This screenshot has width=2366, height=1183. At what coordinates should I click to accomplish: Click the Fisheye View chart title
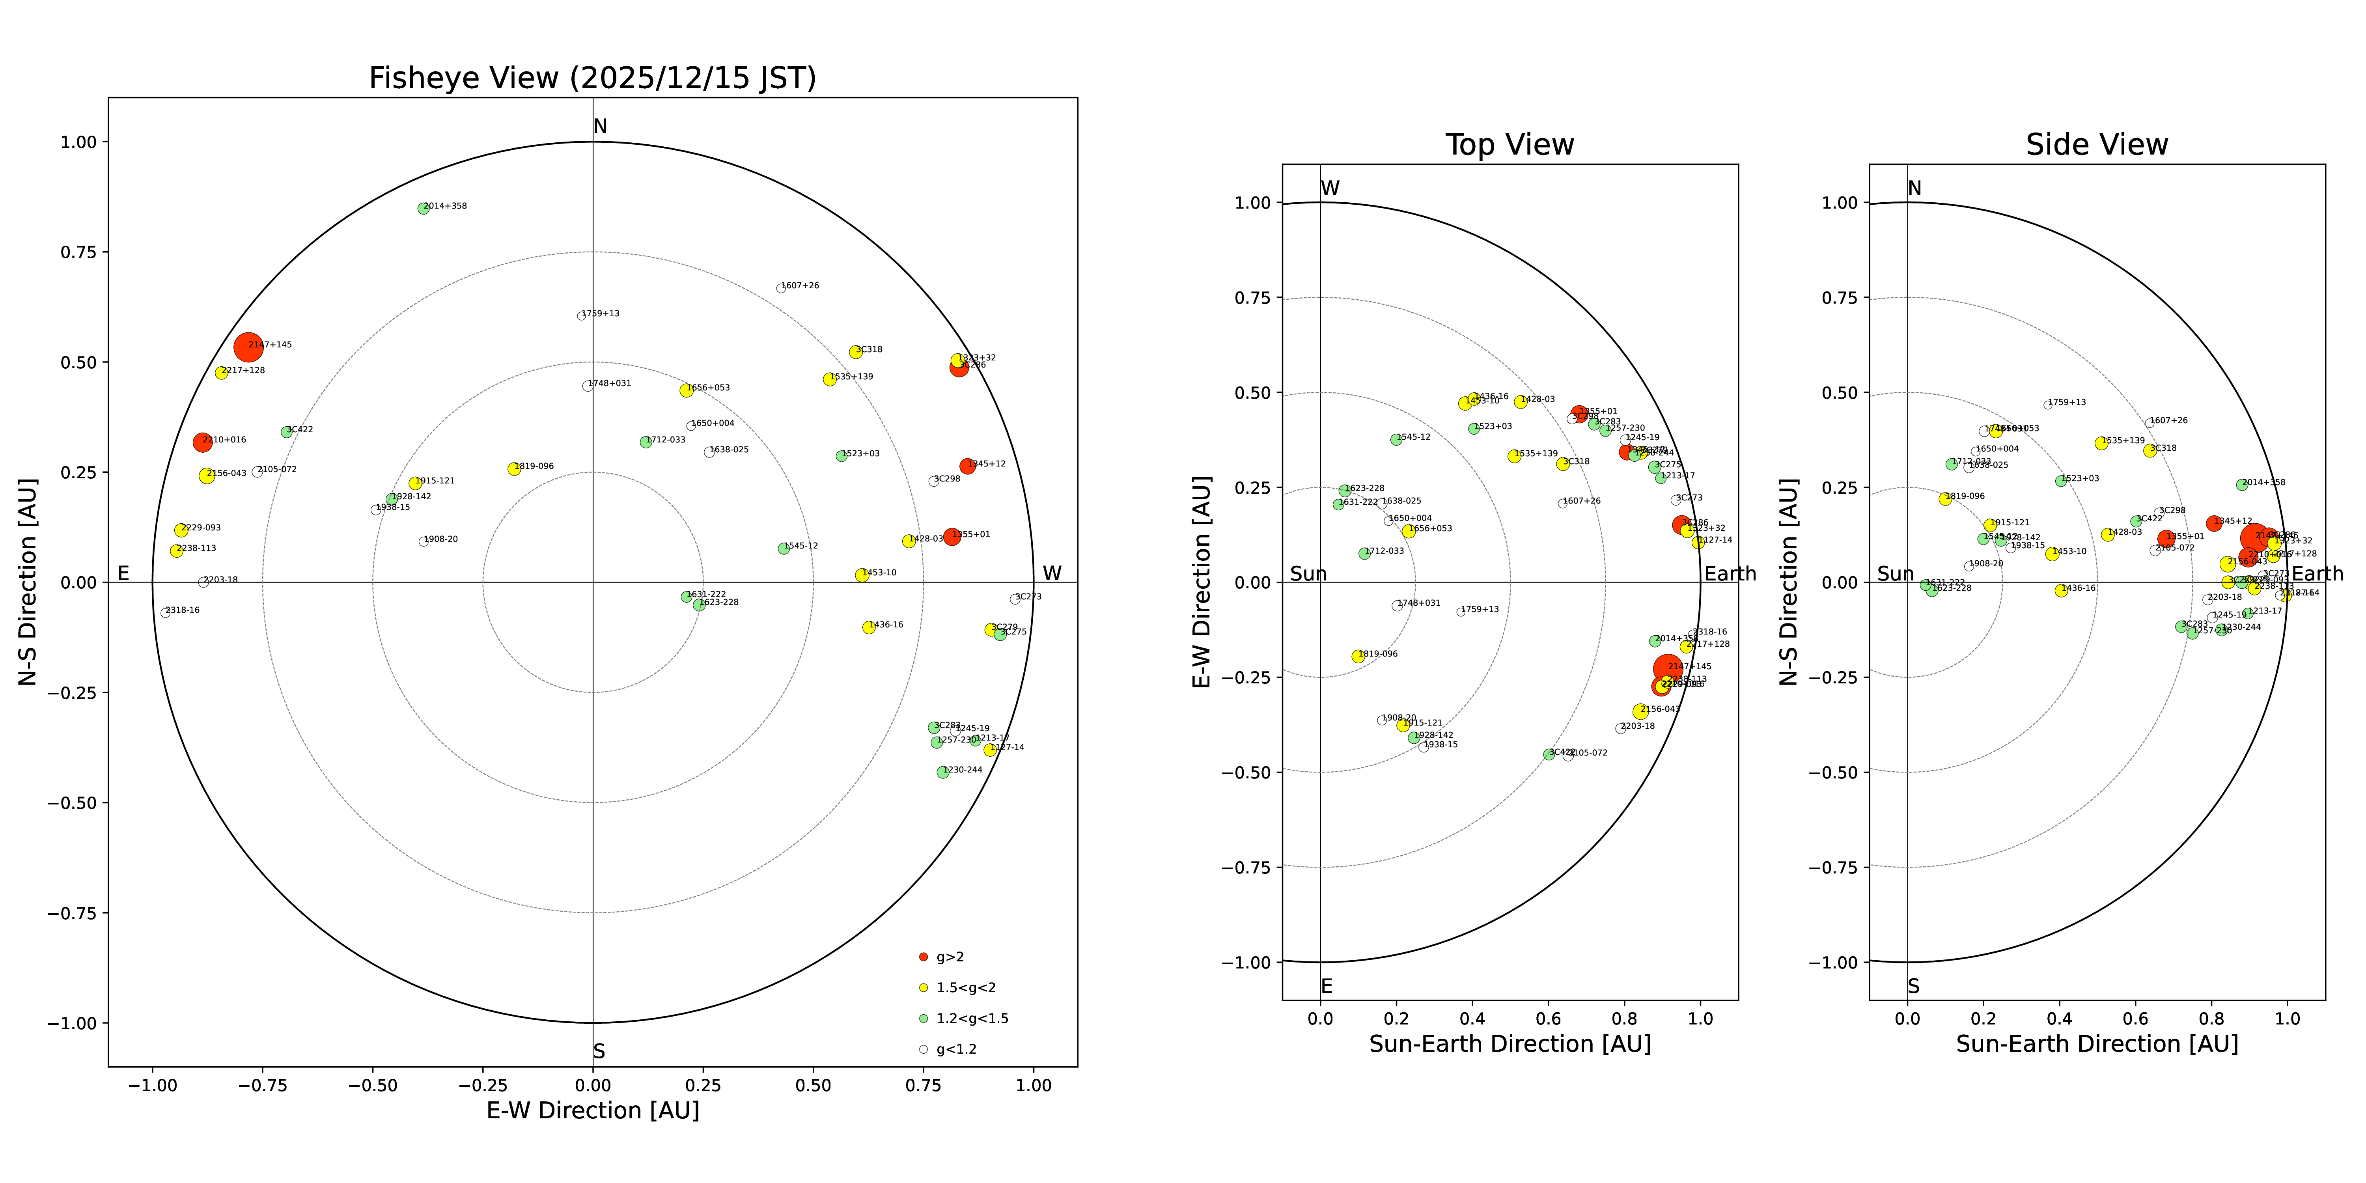(x=592, y=78)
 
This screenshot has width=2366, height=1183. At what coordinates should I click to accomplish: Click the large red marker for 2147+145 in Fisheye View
(x=248, y=347)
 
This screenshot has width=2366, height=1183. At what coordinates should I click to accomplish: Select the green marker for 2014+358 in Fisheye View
(x=424, y=209)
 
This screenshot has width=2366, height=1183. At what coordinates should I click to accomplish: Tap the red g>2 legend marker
(x=923, y=957)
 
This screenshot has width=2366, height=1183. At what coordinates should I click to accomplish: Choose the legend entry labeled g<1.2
(x=955, y=1049)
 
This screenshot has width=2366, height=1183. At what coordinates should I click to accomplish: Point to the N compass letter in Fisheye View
(x=600, y=127)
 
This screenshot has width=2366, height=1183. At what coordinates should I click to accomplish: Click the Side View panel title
(x=2097, y=145)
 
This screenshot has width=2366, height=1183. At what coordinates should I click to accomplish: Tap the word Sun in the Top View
(x=1308, y=574)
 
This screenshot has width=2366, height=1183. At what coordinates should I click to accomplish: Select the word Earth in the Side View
(x=2317, y=574)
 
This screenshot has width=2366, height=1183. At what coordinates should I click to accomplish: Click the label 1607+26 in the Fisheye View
(x=801, y=285)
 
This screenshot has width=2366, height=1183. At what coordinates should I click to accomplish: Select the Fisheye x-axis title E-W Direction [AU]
(x=592, y=1110)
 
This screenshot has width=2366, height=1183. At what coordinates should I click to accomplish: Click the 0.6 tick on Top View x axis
(x=1549, y=1019)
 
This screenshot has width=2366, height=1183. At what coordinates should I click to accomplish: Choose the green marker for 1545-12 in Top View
(x=1396, y=439)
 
